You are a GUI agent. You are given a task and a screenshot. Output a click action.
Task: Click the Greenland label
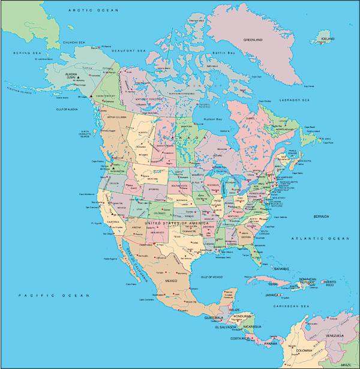point(253,40)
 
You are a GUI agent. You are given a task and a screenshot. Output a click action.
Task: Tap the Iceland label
point(327,38)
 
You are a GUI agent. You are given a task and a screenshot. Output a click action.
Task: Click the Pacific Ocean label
point(53,296)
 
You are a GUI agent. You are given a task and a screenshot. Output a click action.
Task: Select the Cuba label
point(273,283)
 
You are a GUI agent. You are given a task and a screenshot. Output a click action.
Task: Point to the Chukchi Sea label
point(74,43)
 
